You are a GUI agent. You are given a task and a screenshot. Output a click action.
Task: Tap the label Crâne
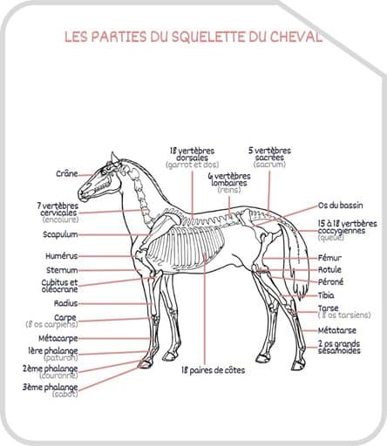click(66, 173)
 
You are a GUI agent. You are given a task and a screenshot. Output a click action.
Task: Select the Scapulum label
click(61, 234)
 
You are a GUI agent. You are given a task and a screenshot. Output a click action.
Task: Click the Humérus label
click(62, 256)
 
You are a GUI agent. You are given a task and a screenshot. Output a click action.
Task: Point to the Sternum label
click(63, 270)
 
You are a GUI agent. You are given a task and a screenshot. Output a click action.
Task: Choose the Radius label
click(66, 303)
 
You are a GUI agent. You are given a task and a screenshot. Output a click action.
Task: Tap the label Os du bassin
click(341, 206)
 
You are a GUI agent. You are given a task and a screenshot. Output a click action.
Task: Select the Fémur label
click(329, 258)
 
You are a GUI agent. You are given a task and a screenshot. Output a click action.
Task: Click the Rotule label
click(329, 270)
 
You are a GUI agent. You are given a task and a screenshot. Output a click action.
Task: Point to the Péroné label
click(330, 282)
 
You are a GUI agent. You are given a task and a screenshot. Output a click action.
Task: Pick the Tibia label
click(326, 295)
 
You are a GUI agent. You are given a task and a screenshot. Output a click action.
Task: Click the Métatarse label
click(336, 330)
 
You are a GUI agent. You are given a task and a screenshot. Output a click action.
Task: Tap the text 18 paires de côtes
click(213, 370)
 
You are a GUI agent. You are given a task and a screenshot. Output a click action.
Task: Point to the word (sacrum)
click(269, 164)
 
